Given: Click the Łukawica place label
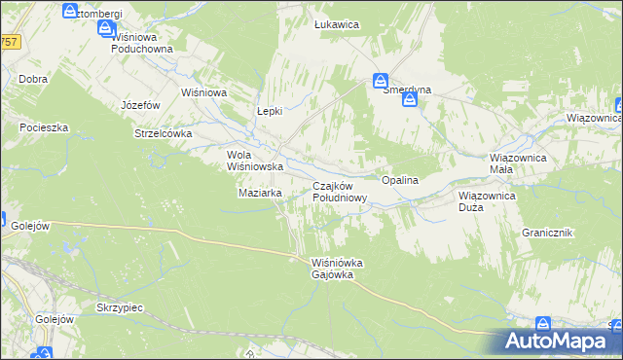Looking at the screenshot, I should click(338, 23).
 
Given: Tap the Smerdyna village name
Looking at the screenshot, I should click(407, 90).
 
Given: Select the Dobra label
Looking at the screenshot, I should click(33, 79).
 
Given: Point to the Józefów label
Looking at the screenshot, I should click(140, 104).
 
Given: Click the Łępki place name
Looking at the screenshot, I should click(269, 111).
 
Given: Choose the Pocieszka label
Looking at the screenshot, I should click(43, 127).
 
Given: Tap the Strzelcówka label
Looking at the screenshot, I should click(164, 134).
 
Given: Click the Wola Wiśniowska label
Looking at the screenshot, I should click(254, 161).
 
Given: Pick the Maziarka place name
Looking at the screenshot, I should click(260, 193).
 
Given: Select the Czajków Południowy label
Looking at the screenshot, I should click(339, 192).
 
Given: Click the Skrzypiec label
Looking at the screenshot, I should click(120, 306).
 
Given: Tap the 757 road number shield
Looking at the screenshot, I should click(10, 42).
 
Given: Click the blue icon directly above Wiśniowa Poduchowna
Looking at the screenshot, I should click(106, 29).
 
